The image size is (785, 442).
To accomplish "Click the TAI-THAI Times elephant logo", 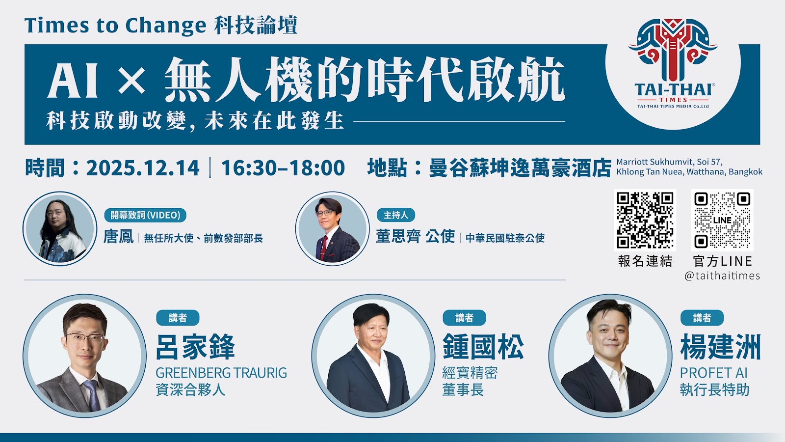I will (x=673, y=64).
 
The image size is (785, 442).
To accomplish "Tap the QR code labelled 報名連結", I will (x=645, y=220).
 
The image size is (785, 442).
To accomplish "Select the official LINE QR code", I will (x=722, y=220).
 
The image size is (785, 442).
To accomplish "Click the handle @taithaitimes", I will (x=722, y=276).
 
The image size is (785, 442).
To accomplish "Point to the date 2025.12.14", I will (x=143, y=168).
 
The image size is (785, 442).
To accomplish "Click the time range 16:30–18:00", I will (x=283, y=168).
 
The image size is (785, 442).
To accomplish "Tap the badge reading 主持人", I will (x=396, y=215).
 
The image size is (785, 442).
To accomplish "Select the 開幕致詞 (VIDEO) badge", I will (x=145, y=215).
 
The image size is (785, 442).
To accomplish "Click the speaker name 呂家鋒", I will (x=195, y=347).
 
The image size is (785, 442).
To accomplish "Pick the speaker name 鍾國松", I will (x=483, y=347).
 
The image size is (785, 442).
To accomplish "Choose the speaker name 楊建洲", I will (x=720, y=347).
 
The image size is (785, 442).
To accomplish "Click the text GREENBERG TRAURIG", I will (x=221, y=373).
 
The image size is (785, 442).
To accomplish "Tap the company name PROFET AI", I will (x=713, y=373).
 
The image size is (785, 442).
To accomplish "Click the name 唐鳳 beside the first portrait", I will (x=118, y=237).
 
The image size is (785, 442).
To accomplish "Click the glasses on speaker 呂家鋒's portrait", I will (x=84, y=338).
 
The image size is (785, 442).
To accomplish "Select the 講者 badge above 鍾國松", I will (x=464, y=318).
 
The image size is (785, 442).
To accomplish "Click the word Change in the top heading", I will (x=166, y=26).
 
